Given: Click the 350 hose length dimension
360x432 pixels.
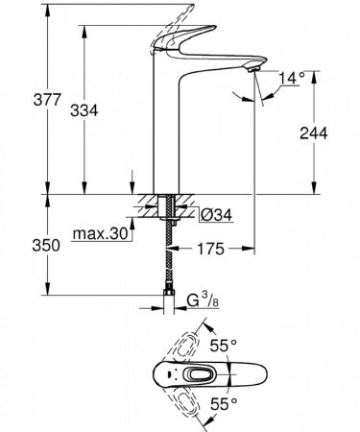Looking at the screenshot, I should pyautogui.click(x=21, y=246).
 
